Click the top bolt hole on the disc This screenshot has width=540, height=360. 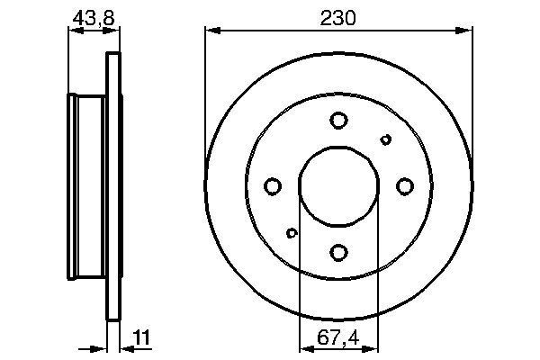point(338,120)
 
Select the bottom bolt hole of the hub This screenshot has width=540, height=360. point(338,252)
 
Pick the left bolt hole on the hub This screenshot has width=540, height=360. point(273,186)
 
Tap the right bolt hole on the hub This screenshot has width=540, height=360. point(404,186)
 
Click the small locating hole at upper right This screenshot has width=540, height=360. point(386,139)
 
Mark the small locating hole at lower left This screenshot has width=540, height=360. point(291,234)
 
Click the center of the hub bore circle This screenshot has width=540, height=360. point(338,186)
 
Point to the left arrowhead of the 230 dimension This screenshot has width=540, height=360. point(211,31)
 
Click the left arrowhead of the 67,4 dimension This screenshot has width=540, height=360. point(303,346)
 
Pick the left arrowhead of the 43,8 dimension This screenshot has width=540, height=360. point(73,31)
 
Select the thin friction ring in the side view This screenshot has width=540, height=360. point(113,186)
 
